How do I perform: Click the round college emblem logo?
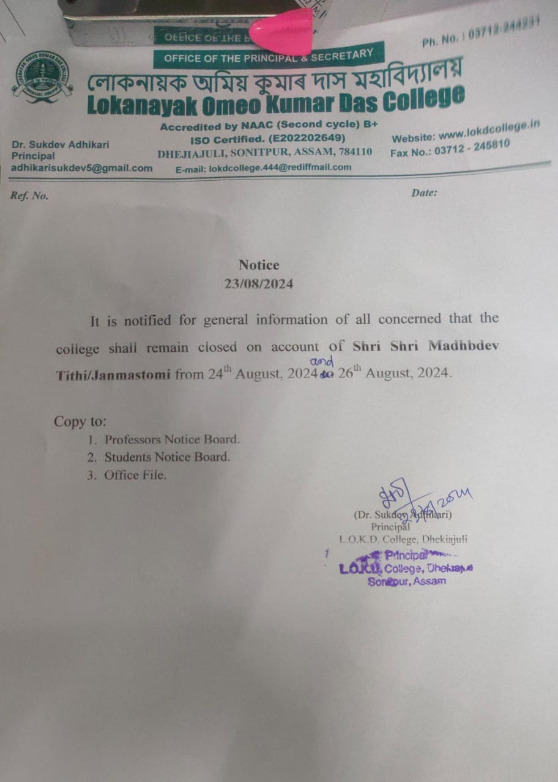click(x=42, y=77)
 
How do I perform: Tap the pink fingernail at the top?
click(x=282, y=31)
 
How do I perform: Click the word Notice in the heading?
click(x=259, y=265)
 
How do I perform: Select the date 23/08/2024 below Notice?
click(x=259, y=284)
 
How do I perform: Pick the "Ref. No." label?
click(x=29, y=195)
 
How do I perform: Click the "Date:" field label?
click(x=424, y=193)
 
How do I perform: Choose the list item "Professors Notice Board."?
click(x=172, y=439)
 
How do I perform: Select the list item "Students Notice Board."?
click(x=167, y=457)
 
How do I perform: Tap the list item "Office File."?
click(x=135, y=475)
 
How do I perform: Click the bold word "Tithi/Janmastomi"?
click(x=113, y=375)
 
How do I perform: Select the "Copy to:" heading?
click(x=80, y=422)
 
